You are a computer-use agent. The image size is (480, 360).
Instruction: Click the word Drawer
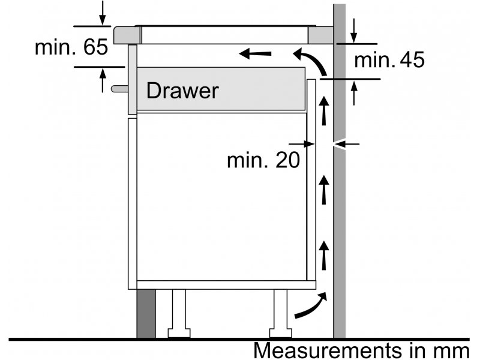(x=182, y=91)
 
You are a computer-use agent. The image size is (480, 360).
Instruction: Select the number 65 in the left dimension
(x=95, y=47)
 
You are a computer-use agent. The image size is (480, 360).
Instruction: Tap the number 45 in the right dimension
(x=412, y=59)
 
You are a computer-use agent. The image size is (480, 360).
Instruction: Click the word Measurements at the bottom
(x=327, y=350)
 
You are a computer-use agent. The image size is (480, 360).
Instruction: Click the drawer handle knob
(x=119, y=89)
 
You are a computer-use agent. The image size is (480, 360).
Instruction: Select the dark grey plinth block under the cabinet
(x=146, y=313)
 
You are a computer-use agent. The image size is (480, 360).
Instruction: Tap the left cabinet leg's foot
(x=179, y=333)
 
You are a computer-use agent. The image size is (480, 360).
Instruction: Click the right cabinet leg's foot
(x=280, y=333)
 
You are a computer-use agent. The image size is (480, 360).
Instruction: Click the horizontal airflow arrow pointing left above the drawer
(x=255, y=53)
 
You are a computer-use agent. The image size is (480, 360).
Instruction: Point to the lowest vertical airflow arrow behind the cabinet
(x=323, y=256)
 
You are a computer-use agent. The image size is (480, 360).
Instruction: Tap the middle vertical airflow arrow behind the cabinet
(x=323, y=190)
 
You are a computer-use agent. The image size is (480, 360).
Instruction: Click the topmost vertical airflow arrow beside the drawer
(x=323, y=111)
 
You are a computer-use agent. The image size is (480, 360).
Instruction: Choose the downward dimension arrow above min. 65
(x=103, y=13)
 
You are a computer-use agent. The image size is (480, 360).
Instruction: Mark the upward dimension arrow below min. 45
(x=354, y=93)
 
